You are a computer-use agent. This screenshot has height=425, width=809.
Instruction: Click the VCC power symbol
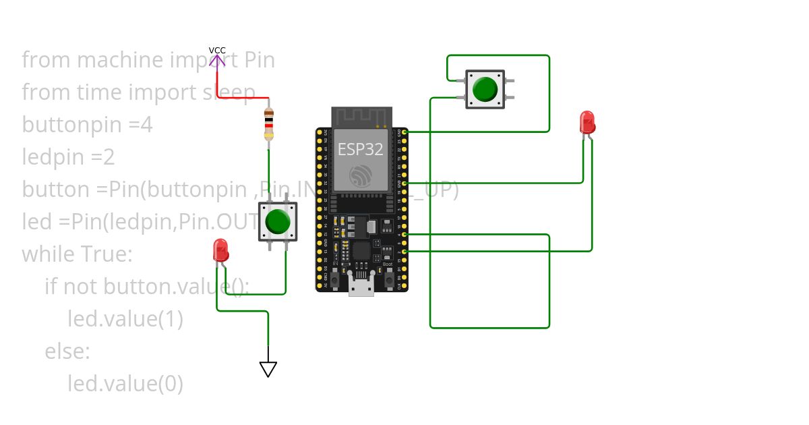tap(216, 59)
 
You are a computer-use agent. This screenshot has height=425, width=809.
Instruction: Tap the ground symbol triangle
tap(268, 369)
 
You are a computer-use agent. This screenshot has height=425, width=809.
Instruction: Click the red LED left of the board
tap(220, 250)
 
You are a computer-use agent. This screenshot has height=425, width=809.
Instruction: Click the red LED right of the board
tap(587, 123)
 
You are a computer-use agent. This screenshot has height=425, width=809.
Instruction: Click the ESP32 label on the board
tap(360, 149)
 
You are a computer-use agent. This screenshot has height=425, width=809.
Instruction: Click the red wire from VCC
tap(243, 98)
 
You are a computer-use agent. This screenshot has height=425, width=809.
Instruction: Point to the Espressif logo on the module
tap(361, 175)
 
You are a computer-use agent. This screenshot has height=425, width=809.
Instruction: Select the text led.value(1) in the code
tap(125, 318)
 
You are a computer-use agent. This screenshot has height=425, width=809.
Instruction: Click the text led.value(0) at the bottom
tap(125, 383)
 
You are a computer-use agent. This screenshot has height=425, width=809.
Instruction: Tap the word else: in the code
tap(67, 351)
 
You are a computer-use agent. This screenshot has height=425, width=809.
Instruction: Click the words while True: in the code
tap(78, 254)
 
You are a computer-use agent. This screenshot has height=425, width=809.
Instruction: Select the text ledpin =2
tap(68, 157)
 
